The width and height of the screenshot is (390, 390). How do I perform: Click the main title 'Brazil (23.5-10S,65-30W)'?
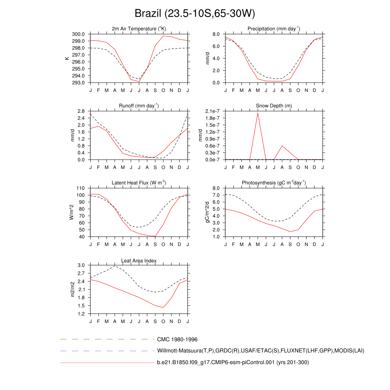point(195,14)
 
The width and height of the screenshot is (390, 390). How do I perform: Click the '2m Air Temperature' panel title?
point(139,29)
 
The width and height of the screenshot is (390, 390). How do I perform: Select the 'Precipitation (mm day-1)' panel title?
point(274,29)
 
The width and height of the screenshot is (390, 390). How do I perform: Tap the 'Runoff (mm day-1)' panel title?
point(139,105)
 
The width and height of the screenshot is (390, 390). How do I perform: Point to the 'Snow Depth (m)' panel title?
point(274,105)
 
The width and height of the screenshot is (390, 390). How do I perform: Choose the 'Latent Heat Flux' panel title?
point(139,183)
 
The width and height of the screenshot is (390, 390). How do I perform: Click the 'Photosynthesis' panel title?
point(274,183)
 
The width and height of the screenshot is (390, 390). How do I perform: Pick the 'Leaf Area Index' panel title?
point(139,261)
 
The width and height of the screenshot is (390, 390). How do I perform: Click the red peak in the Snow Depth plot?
point(258,113)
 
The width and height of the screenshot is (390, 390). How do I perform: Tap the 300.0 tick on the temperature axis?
point(78,34)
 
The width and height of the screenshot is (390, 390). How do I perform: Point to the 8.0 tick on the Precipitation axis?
point(216,34)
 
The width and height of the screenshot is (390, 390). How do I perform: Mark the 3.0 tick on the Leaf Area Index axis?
point(81,265)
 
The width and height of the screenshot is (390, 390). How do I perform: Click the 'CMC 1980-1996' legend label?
point(177,339)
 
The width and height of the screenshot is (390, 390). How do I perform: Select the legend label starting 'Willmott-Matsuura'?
point(261,350)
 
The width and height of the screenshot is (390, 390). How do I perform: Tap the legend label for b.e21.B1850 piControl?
point(233,362)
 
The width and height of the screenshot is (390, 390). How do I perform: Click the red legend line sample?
point(107,363)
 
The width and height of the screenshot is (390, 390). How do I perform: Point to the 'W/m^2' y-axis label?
point(71,212)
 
